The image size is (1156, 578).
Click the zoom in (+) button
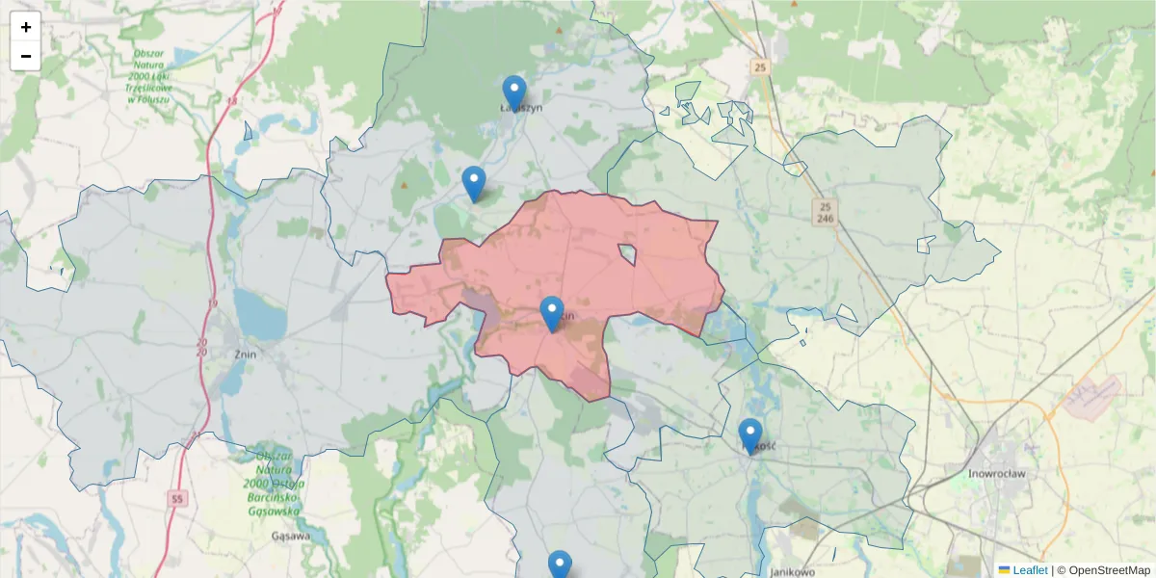[x=26, y=27]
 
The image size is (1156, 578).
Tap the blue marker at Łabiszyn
[x=514, y=93]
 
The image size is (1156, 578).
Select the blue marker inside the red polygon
[x=552, y=314]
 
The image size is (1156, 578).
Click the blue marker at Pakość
[x=750, y=436]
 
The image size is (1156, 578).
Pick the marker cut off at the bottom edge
[x=560, y=565]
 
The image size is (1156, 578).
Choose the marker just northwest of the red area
[x=473, y=183]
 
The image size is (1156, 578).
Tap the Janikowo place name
[x=793, y=571]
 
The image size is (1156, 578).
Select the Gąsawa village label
[x=291, y=536]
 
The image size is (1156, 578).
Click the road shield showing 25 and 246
[x=824, y=212]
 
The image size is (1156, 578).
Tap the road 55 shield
[x=175, y=498]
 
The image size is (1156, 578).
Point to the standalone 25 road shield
[x=761, y=66]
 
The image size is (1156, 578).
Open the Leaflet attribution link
[x=1029, y=570]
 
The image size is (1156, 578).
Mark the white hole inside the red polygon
[x=628, y=254]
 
